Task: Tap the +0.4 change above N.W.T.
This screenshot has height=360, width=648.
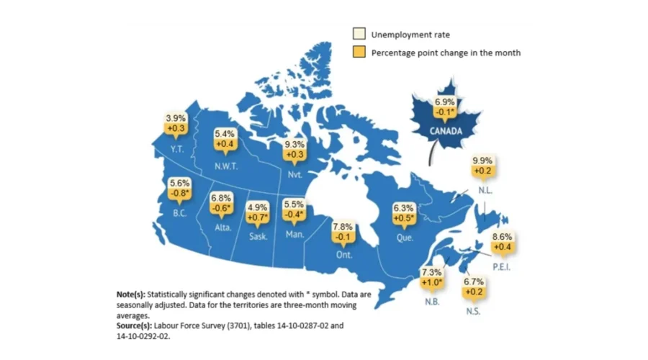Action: coord(226,145)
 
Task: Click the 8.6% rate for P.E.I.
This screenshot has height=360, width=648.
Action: coord(503,236)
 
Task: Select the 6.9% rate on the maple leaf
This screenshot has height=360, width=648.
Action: coord(444,102)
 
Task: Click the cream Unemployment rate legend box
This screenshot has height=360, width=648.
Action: coord(358,34)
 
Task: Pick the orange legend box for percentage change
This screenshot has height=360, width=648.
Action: coord(358,52)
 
